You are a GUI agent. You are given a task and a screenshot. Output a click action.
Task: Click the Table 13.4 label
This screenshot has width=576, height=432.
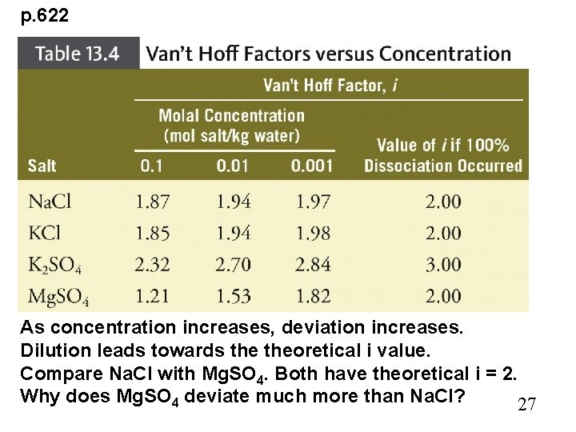(x=78, y=54)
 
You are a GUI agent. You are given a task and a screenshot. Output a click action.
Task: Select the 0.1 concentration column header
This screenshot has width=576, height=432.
(x=150, y=166)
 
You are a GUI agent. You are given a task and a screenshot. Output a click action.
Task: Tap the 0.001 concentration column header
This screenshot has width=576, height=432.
(x=311, y=166)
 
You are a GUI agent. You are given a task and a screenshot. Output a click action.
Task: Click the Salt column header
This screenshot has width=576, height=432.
(x=42, y=166)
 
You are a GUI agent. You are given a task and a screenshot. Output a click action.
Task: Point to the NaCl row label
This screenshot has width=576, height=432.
(x=50, y=202)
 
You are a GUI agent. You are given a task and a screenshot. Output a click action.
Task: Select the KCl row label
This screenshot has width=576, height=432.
(x=45, y=233)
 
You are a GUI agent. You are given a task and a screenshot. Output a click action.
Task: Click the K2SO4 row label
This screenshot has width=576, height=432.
(x=54, y=265)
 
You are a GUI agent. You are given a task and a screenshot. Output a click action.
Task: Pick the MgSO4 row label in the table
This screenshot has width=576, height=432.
(x=58, y=297)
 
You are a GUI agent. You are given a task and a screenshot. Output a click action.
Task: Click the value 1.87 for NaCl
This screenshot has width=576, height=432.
(x=152, y=202)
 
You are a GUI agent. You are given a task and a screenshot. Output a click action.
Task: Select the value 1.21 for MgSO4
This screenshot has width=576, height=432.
(x=152, y=297)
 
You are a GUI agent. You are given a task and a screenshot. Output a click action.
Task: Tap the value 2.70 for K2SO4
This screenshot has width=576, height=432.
(x=233, y=265)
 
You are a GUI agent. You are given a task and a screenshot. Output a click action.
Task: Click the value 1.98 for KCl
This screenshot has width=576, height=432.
(x=313, y=233)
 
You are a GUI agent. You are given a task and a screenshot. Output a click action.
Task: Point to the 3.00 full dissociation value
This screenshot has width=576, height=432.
(x=443, y=265)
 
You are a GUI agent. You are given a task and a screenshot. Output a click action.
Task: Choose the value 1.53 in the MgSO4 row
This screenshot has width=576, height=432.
(x=233, y=297)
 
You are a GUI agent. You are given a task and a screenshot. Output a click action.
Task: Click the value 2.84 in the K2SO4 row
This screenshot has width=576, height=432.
(x=313, y=265)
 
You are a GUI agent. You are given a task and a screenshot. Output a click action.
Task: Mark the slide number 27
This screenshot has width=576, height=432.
(x=526, y=404)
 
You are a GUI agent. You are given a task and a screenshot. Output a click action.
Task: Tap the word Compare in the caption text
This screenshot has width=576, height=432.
(x=53, y=374)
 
